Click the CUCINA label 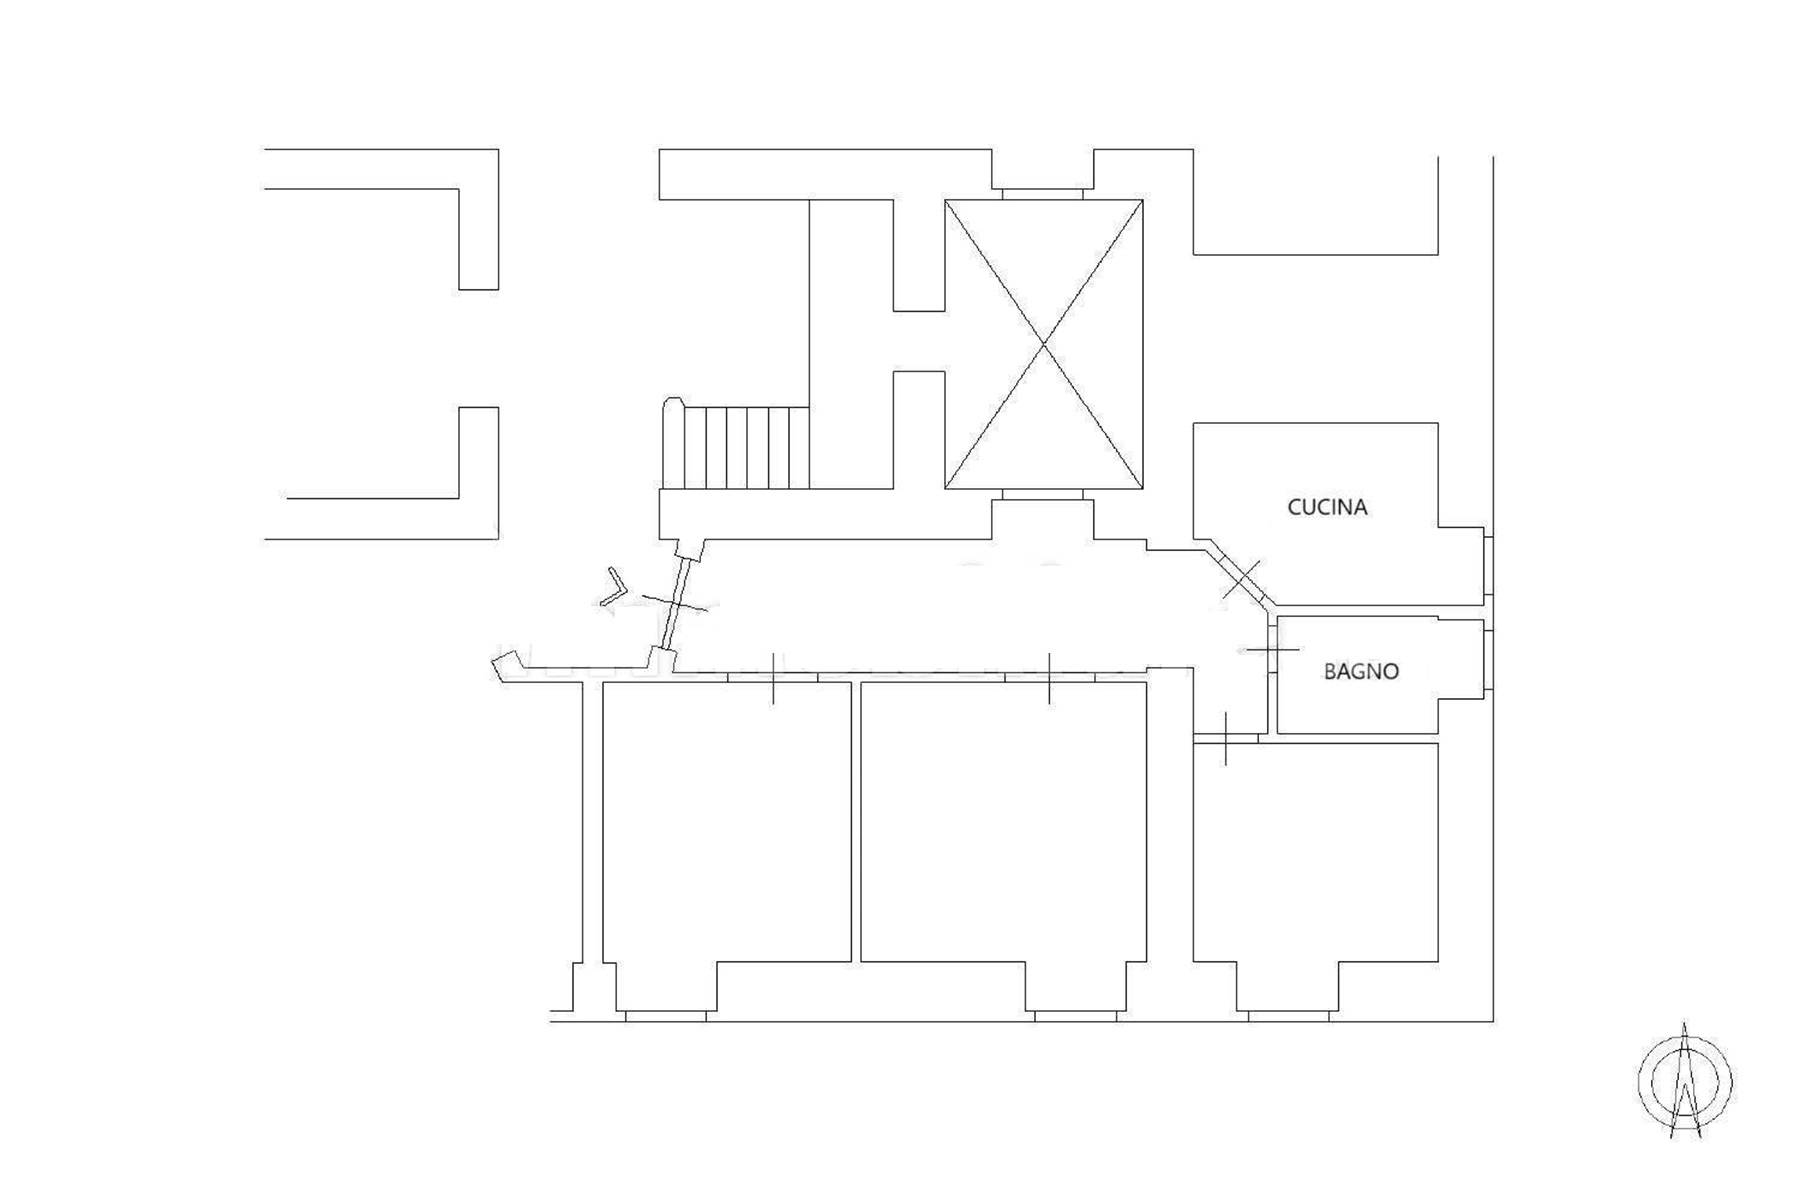1327,507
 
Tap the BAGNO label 1361,671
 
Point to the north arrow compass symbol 1685,1080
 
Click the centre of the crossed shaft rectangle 1044,345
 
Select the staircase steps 736,446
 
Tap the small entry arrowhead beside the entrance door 614,588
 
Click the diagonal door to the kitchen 1241,578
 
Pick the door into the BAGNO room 1272,650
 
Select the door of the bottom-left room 773,677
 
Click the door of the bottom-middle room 1049,677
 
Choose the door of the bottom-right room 1226,738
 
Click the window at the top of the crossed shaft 1042,193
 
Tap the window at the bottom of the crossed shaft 1042,495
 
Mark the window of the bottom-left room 665,1016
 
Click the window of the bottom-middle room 1076,1016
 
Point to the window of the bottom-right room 1288,1016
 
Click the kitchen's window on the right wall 1488,566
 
